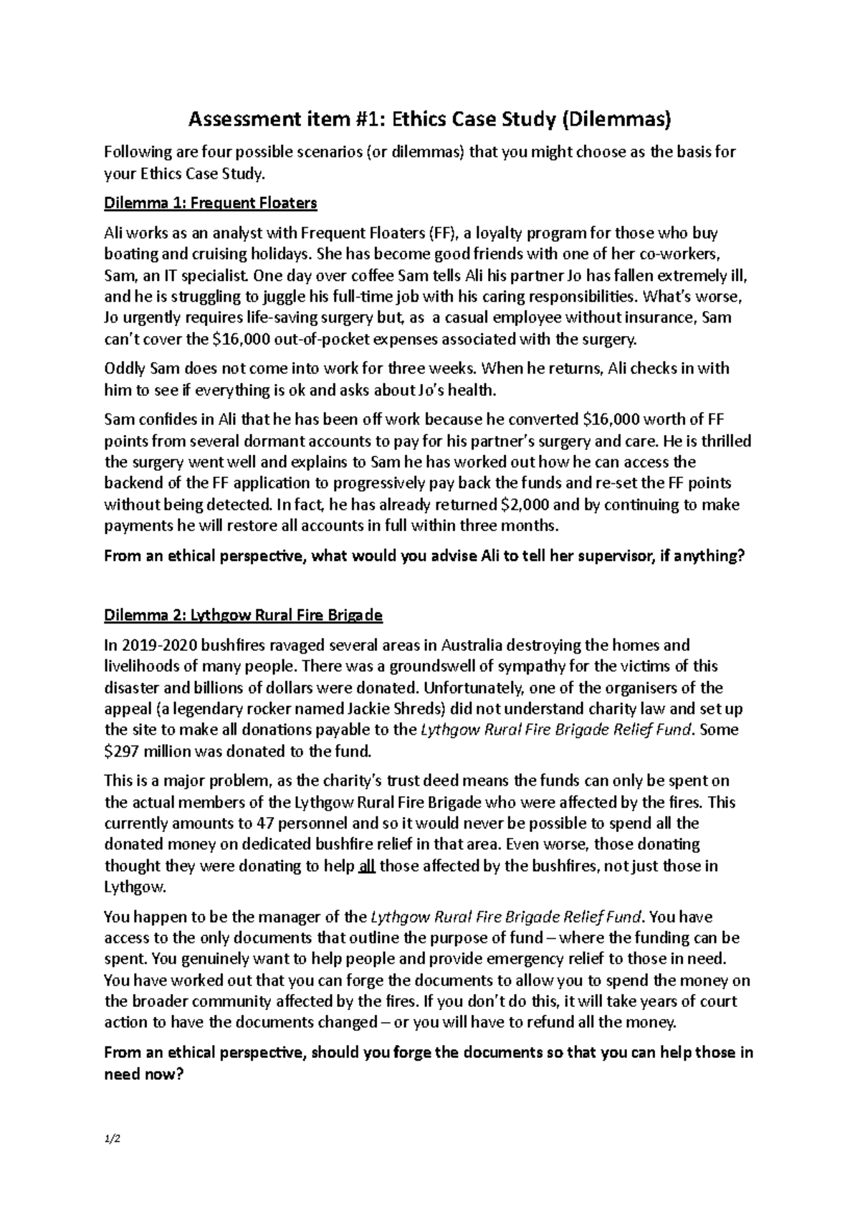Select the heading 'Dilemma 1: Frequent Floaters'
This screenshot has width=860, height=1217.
210,204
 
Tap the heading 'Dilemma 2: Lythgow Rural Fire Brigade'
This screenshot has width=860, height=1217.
243,615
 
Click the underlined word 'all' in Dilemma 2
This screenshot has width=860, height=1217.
366,866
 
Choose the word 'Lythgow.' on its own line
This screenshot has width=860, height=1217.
135,887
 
